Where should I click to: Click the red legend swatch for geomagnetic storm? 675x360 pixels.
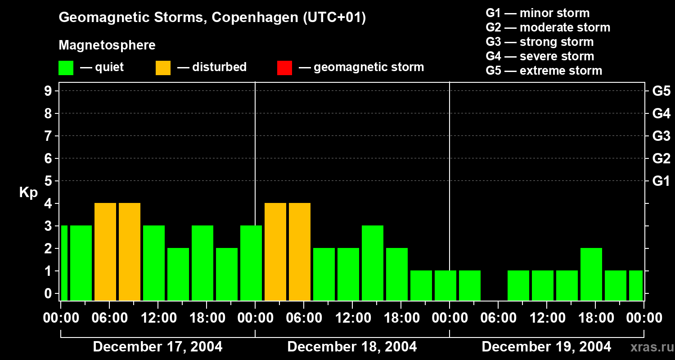(284, 67)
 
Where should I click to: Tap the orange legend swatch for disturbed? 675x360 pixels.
(163, 67)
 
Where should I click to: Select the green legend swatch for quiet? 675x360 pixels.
(66, 67)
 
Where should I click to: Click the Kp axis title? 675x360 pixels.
(28, 193)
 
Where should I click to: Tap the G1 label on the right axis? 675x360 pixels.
(661, 181)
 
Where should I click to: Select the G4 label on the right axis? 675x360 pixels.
(661, 114)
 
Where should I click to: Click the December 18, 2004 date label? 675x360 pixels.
(352, 347)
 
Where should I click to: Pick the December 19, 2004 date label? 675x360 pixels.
(546, 347)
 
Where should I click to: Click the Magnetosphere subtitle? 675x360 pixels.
(107, 45)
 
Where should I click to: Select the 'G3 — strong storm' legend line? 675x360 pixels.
(540, 42)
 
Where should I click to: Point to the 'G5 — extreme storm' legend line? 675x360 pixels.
(544, 71)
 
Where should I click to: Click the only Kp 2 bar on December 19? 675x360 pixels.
(591, 274)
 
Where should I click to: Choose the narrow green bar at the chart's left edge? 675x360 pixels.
(64, 263)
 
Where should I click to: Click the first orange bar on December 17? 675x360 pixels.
(105, 252)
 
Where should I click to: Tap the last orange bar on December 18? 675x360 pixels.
(300, 252)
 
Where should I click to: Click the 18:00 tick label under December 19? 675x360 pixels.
(595, 318)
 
